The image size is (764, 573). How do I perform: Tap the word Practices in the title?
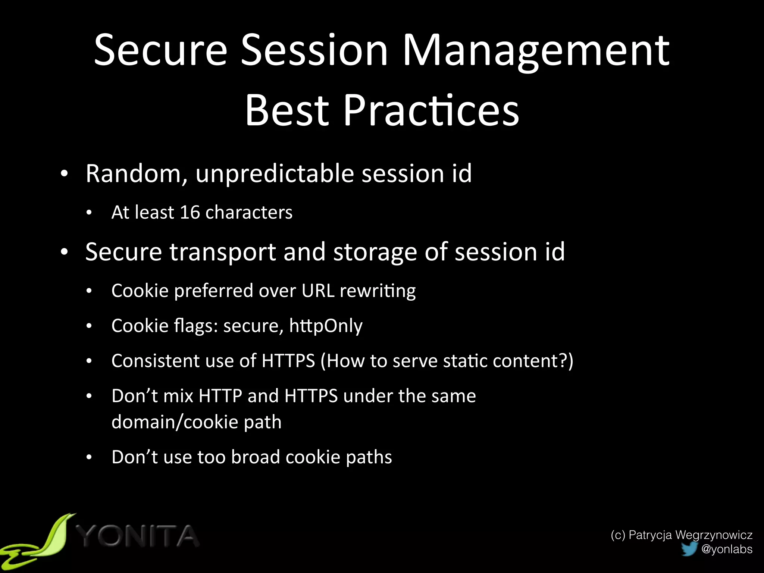click(x=431, y=110)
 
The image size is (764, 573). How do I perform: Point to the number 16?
click(x=190, y=212)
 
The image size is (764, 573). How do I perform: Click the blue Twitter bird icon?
click(x=689, y=549)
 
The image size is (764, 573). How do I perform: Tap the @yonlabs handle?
click(x=727, y=549)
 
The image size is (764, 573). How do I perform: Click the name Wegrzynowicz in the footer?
click(x=714, y=535)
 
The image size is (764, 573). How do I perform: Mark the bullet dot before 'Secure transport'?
click(x=65, y=252)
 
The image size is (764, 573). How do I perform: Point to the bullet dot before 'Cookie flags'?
click(x=89, y=326)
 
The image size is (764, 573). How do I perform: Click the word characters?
click(x=248, y=212)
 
